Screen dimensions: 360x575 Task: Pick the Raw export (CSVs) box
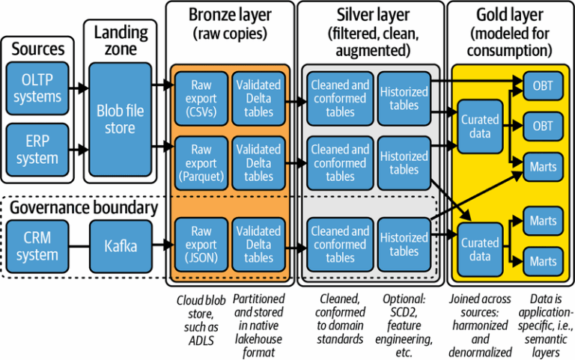click(201, 98)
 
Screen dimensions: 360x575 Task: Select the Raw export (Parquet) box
click(201, 162)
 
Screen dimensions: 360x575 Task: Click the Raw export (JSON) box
click(201, 244)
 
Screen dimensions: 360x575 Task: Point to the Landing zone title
click(119, 39)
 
